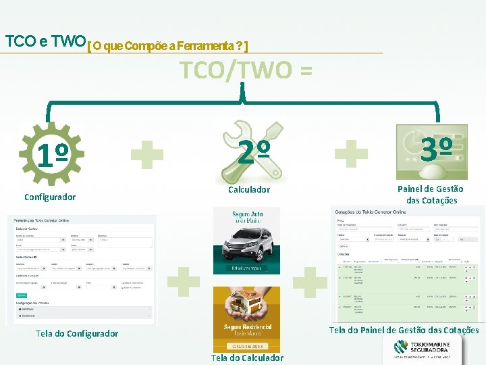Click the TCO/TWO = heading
tap(246, 70)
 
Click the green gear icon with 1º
tap(52, 155)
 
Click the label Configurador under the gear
tap(50, 197)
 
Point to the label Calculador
tap(248, 190)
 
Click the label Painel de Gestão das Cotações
tap(431, 195)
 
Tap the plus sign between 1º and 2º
tap(147, 153)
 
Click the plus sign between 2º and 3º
tap(351, 153)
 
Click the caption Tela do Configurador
tap(76, 333)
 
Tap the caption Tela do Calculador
tap(247, 358)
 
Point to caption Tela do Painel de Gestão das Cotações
tap(404, 331)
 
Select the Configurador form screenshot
tap(81, 269)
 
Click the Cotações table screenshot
tap(407, 264)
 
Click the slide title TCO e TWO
tap(45, 41)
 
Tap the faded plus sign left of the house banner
tap(183, 281)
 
